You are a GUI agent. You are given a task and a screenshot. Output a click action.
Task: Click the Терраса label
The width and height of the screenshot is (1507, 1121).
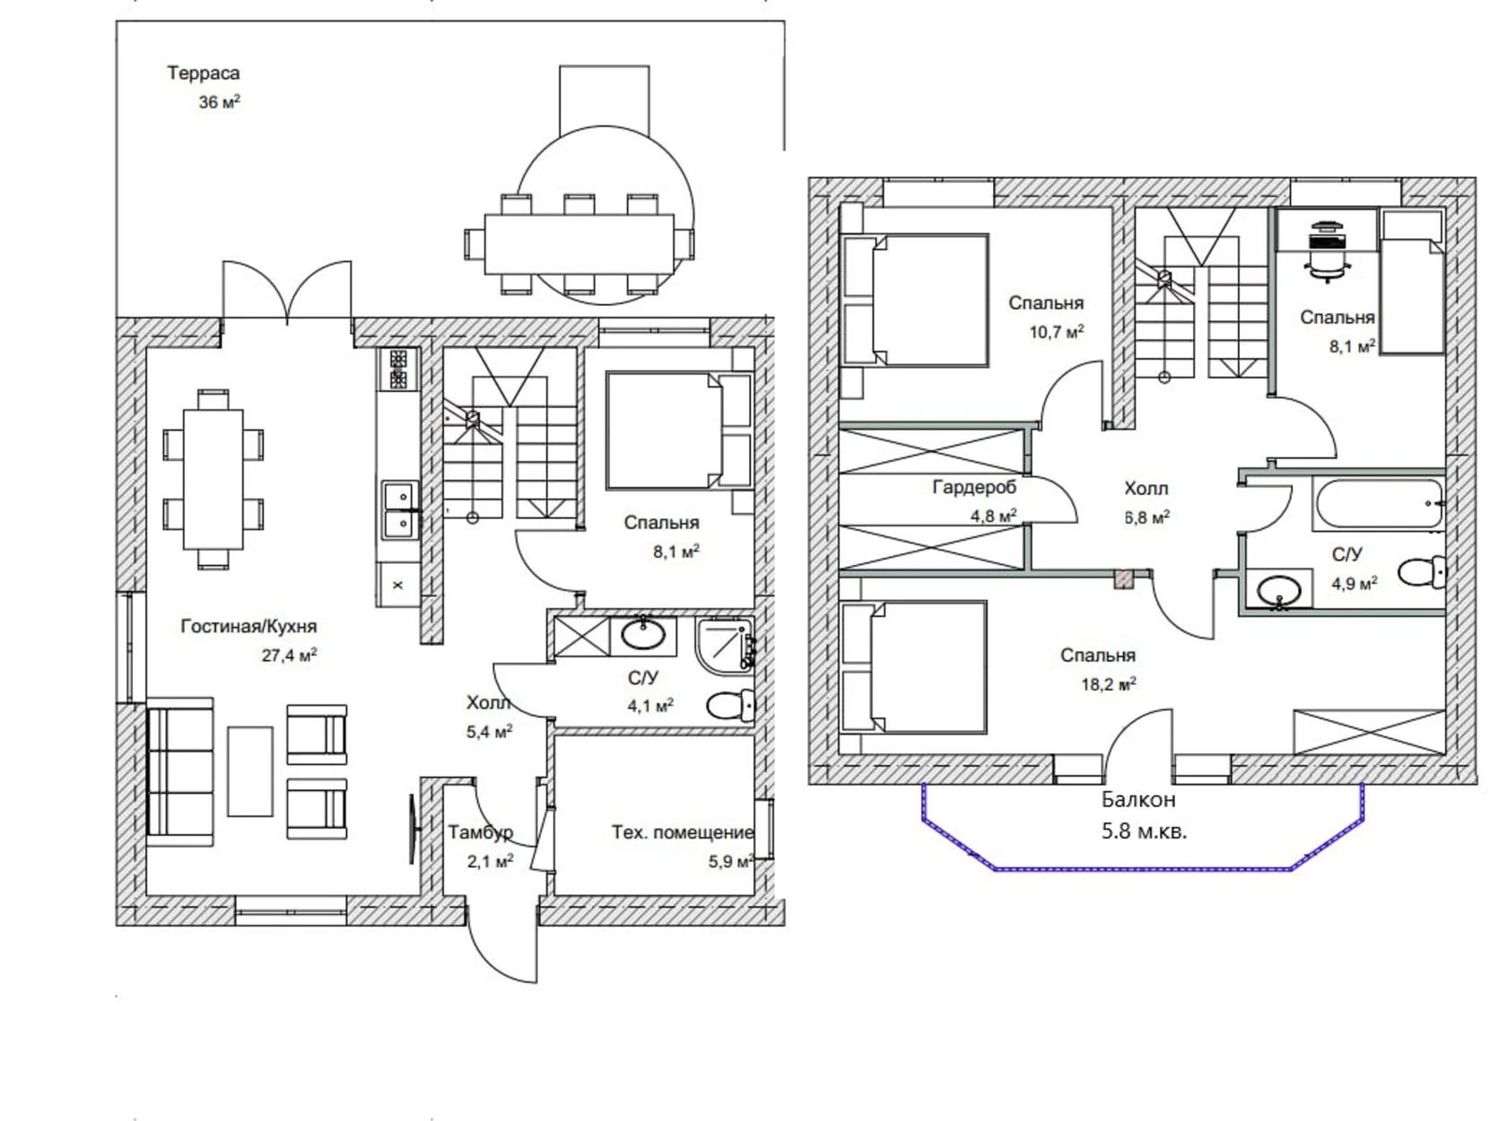point(203,73)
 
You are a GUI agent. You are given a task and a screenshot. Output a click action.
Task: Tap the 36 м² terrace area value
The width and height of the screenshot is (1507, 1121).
point(219,102)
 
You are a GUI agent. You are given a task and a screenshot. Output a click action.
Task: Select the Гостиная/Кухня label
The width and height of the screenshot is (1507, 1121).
point(248,626)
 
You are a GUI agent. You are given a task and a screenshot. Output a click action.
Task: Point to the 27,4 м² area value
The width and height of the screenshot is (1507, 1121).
point(290,655)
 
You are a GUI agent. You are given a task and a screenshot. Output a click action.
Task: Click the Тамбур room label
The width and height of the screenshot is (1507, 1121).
point(481,832)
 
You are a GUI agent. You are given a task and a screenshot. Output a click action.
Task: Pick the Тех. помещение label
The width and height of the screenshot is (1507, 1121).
point(682,832)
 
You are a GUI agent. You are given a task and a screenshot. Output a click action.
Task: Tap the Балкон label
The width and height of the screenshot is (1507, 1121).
point(1138,800)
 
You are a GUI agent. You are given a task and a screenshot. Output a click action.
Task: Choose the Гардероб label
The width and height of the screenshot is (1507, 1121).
point(974,487)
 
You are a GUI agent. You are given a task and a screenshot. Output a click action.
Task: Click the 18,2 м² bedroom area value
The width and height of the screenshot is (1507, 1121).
point(1108,684)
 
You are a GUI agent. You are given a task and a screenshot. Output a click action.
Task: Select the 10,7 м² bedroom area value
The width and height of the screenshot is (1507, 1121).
point(1056,332)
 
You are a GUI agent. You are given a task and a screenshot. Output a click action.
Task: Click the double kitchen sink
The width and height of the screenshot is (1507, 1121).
point(399,509)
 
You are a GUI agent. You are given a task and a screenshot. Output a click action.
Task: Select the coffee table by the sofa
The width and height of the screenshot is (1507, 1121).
point(250,771)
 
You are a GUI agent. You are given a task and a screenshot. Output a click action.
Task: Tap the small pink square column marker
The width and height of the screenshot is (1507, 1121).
point(1123,578)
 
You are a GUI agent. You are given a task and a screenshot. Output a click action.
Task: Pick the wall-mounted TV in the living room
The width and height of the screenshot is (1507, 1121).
point(413,829)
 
